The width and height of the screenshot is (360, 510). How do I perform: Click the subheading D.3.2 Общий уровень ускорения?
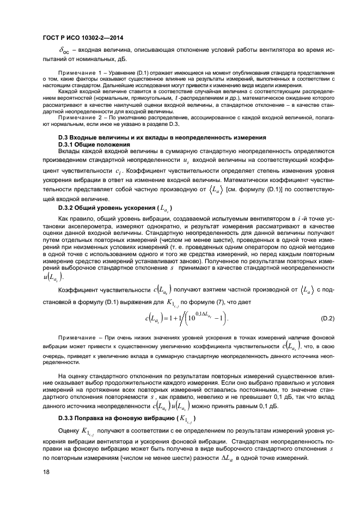click(x=115, y=208)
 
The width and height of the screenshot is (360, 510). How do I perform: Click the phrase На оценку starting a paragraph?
click(x=74, y=375)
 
